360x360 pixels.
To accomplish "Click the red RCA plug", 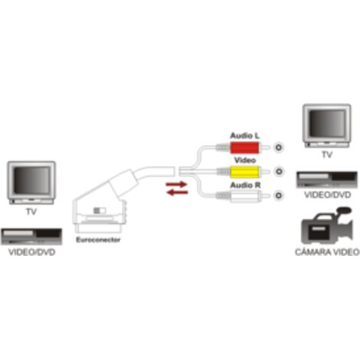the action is tap(243, 148).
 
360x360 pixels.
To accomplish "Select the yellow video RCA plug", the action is tap(244, 172).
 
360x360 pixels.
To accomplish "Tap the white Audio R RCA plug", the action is tap(243, 196).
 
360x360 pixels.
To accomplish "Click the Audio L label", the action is tap(244, 136).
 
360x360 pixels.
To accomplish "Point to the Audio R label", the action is tap(245, 185).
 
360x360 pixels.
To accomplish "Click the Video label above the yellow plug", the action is tap(245, 160).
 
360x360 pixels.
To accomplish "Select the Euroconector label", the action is tap(98, 240).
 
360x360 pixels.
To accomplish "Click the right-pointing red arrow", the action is tap(176, 184).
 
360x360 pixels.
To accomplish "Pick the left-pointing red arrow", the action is tap(177, 192).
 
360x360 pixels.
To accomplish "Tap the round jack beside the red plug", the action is tap(279, 147).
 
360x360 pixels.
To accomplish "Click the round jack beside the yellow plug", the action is tap(279, 172).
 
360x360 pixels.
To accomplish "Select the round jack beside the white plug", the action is tap(279, 195).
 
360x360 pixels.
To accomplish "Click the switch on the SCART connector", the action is tap(100, 211).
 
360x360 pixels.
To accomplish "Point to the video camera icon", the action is tap(327, 226).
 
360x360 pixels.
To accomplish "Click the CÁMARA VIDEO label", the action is tap(327, 252).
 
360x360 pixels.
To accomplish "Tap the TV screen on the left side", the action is tap(31, 180).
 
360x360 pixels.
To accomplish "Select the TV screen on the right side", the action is tap(327, 123).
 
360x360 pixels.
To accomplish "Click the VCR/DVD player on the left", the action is tap(31, 237).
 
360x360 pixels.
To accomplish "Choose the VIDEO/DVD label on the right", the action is tap(328, 195).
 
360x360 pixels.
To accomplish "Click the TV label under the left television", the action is tap(31, 211).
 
